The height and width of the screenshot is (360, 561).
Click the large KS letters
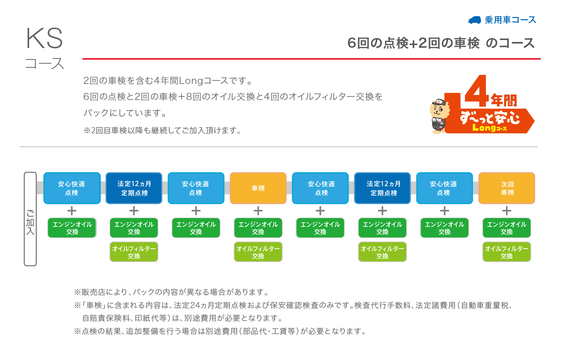tap(45, 38)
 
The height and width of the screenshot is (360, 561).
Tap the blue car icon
tap(474, 20)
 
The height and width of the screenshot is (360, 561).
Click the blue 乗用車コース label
tap(510, 20)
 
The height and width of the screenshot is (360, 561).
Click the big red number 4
tap(476, 91)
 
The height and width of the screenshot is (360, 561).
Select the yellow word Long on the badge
tap(484, 128)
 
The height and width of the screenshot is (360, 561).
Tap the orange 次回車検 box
tap(507, 188)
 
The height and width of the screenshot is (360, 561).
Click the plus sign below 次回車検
tap(507, 211)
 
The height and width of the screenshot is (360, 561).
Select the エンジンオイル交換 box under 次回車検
tap(507, 228)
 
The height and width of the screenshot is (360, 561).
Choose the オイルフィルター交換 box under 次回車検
tap(507, 252)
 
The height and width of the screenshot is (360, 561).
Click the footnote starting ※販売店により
tap(171, 292)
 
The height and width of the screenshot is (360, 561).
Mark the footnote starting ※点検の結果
tap(220, 331)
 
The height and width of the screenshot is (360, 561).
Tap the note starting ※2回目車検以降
tap(162, 130)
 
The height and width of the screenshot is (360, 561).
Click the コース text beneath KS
tap(45, 63)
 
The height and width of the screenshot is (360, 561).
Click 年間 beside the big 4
tap(504, 101)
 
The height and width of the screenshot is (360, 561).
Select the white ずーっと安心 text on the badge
tap(490, 118)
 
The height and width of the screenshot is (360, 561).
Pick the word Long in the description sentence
tap(191, 81)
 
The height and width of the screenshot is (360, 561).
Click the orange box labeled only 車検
tap(258, 188)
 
